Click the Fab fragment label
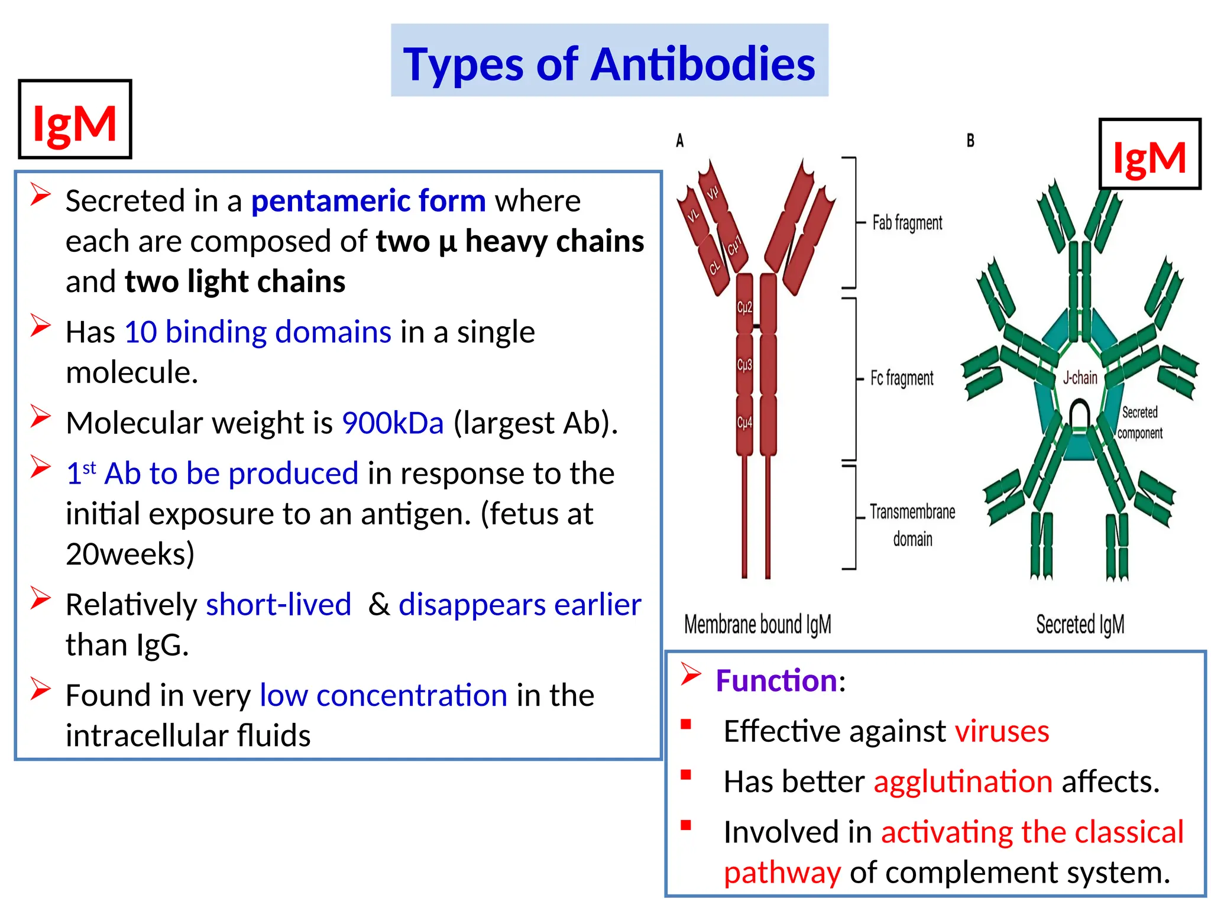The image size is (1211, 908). pos(907,223)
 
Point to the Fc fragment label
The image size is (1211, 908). pos(902,378)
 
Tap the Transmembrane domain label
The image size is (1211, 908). pos(912,524)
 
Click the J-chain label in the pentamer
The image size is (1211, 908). pos(1080,377)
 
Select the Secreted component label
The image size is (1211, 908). pos(1139,422)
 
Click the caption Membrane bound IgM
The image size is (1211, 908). pos(757,624)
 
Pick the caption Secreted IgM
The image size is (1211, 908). pos(1080,624)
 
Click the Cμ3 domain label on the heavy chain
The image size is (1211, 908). pos(744,365)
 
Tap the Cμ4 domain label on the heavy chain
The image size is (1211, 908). pos(744,423)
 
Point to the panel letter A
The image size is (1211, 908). pos(680,141)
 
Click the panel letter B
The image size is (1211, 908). pos(970,141)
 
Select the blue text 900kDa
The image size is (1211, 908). pos(393,423)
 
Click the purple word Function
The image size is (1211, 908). pos(776,680)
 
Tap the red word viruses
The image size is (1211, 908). pos(1002,731)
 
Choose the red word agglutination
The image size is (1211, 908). pos(963,781)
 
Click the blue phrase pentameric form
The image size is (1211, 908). pos(368,201)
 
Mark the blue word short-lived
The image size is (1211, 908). pos(279,605)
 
